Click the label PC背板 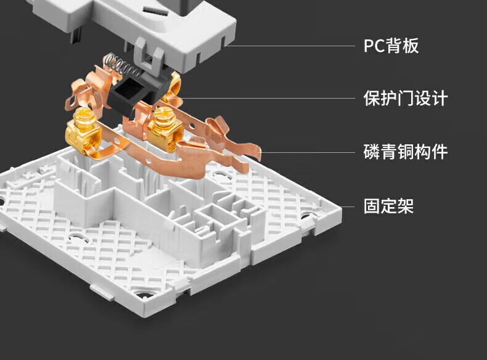tap(391, 46)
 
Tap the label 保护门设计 tap(405, 98)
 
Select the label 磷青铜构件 tap(405, 152)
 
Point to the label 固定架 tap(388, 205)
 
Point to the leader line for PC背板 tap(290, 46)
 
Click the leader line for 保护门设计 tap(265, 98)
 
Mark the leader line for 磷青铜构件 tap(308, 152)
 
